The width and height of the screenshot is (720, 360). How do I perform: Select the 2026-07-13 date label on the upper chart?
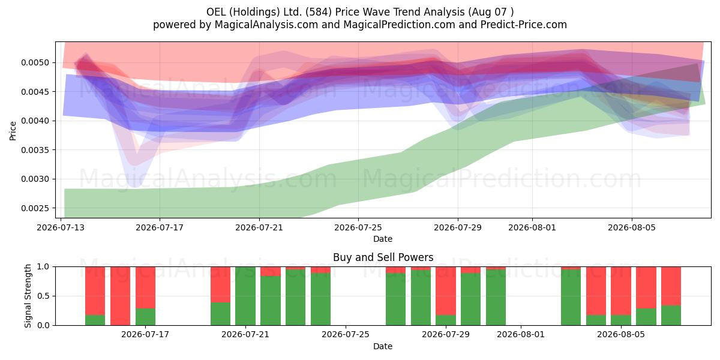[x=61, y=227]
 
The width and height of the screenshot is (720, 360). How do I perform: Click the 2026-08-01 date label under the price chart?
[x=532, y=227]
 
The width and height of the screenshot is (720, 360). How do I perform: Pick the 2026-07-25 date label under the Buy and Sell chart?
[x=346, y=335]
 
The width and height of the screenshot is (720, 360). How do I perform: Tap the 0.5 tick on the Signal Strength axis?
[x=44, y=296]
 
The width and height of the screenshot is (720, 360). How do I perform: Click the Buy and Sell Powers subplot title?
[x=383, y=257]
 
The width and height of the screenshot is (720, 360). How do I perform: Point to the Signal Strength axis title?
[x=28, y=296]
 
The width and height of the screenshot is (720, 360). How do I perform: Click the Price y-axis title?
[x=13, y=131]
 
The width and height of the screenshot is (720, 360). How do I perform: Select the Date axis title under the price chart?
[x=383, y=239]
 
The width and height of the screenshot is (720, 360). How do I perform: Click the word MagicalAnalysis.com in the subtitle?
[x=266, y=25]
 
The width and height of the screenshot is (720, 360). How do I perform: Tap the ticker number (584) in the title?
[x=319, y=12]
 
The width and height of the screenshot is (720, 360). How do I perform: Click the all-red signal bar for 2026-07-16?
[x=120, y=296]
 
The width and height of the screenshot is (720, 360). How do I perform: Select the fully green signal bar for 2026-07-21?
[x=245, y=296]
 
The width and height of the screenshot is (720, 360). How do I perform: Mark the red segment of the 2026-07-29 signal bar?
[x=446, y=291]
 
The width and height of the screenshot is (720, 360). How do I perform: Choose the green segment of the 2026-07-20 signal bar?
[x=221, y=314]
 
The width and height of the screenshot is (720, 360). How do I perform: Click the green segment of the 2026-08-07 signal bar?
[x=671, y=316]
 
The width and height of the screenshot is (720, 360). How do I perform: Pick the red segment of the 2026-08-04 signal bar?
[x=596, y=291]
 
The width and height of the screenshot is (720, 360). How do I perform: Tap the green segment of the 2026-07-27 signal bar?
[x=395, y=299]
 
